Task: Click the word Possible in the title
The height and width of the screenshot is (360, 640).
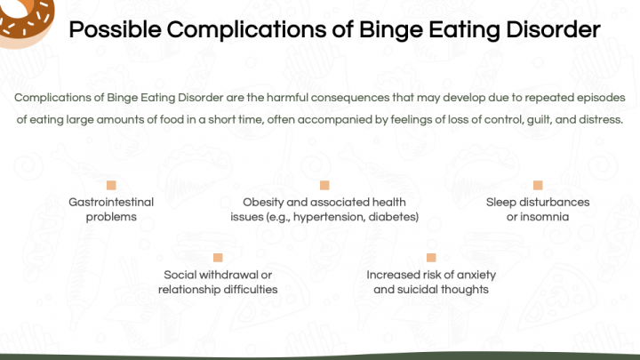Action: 115,30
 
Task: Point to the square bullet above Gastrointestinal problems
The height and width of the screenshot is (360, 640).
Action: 111,185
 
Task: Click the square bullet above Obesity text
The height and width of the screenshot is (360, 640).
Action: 324,185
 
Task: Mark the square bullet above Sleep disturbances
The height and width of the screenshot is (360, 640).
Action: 538,185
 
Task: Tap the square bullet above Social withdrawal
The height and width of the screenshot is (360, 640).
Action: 218,258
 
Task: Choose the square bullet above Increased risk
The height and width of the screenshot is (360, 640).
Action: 431,258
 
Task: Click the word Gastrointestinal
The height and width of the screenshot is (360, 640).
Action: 111,202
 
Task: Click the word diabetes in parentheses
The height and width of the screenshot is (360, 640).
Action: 392,217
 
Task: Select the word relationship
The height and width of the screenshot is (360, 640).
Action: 187,290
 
